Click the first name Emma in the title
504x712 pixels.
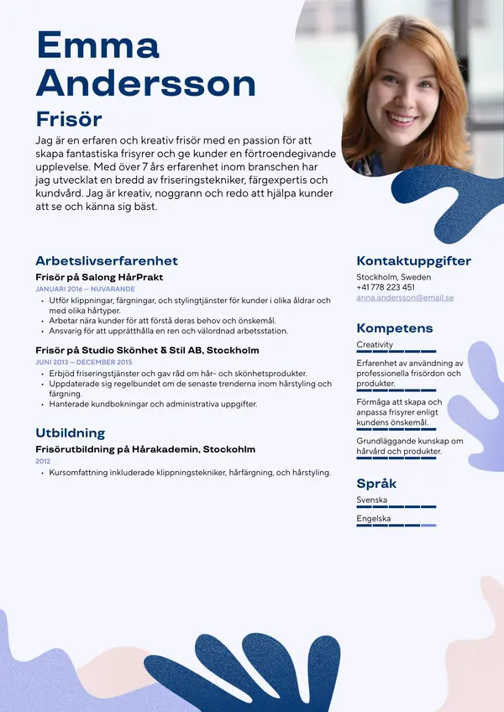97,45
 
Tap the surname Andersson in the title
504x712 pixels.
146,83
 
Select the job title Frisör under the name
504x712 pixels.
68,118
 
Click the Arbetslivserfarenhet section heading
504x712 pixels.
106,260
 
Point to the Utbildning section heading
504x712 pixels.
70,432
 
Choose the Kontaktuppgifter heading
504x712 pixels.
413,260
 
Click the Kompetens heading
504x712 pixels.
394,327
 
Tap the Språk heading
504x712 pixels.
376,483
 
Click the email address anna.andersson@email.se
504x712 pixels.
405,297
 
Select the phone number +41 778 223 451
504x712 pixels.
386,287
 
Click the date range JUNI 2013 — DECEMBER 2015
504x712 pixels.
83,362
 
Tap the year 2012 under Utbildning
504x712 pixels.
43,461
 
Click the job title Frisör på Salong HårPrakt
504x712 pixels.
99,276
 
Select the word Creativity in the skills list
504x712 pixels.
375,344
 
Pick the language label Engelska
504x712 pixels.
373,519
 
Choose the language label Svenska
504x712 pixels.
371,500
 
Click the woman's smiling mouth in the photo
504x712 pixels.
402,119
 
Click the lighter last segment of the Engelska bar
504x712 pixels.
428,526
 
